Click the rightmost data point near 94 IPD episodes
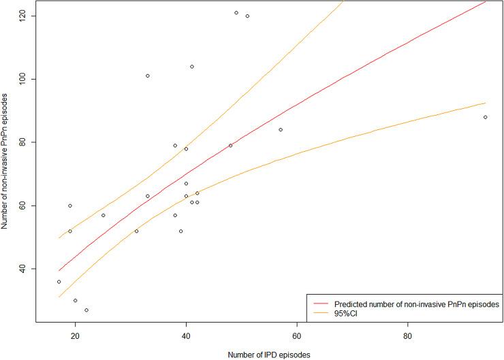coord(485,117)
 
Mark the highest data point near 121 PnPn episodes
coord(236,13)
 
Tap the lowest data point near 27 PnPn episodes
coord(86,310)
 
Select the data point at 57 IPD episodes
coord(281,130)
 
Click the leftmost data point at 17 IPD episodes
coord(59,282)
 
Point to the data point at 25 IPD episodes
coord(103,215)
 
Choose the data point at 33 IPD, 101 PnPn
coord(147,76)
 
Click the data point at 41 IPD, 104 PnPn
coord(192,67)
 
